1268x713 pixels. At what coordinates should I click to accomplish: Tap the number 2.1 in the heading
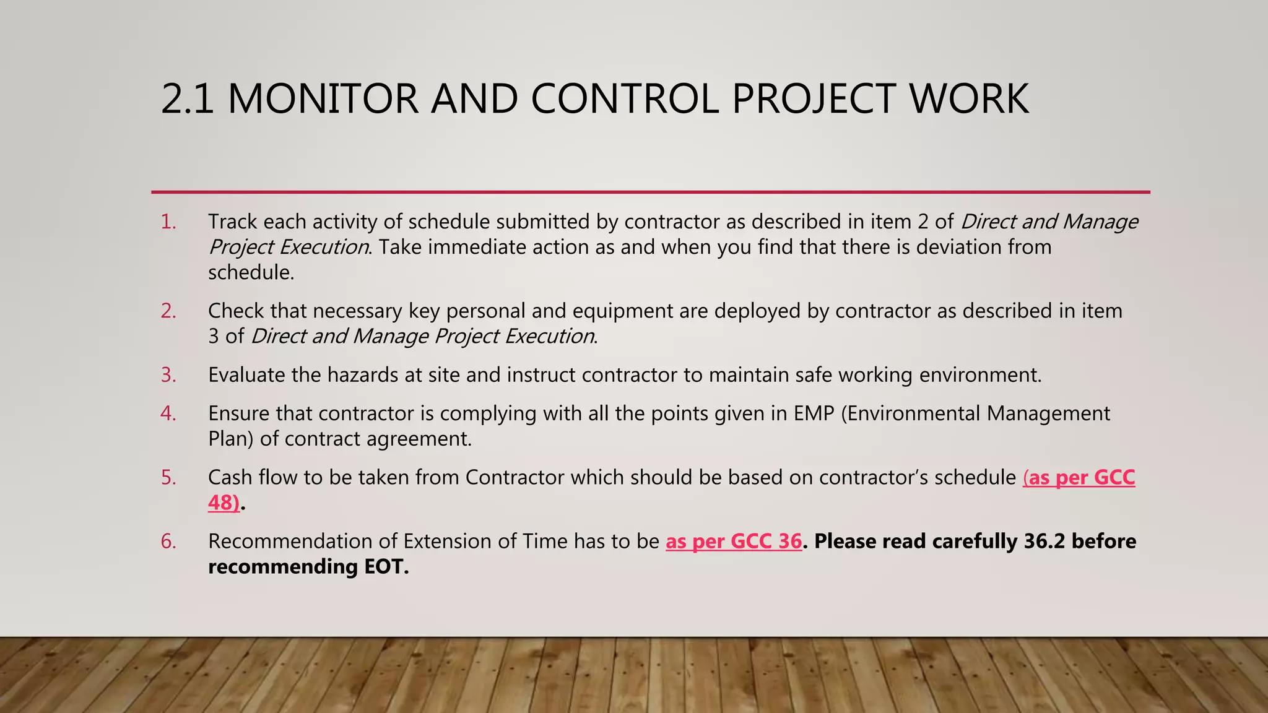tap(187, 99)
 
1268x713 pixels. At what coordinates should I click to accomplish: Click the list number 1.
tap(168, 222)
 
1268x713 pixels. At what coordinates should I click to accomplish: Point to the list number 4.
tap(168, 413)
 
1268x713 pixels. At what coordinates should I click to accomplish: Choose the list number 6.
tap(168, 542)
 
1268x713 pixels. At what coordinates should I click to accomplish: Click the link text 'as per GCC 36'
tap(734, 542)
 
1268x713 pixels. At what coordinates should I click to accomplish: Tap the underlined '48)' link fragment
tap(224, 503)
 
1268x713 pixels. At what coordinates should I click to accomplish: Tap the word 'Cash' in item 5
tap(230, 477)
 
